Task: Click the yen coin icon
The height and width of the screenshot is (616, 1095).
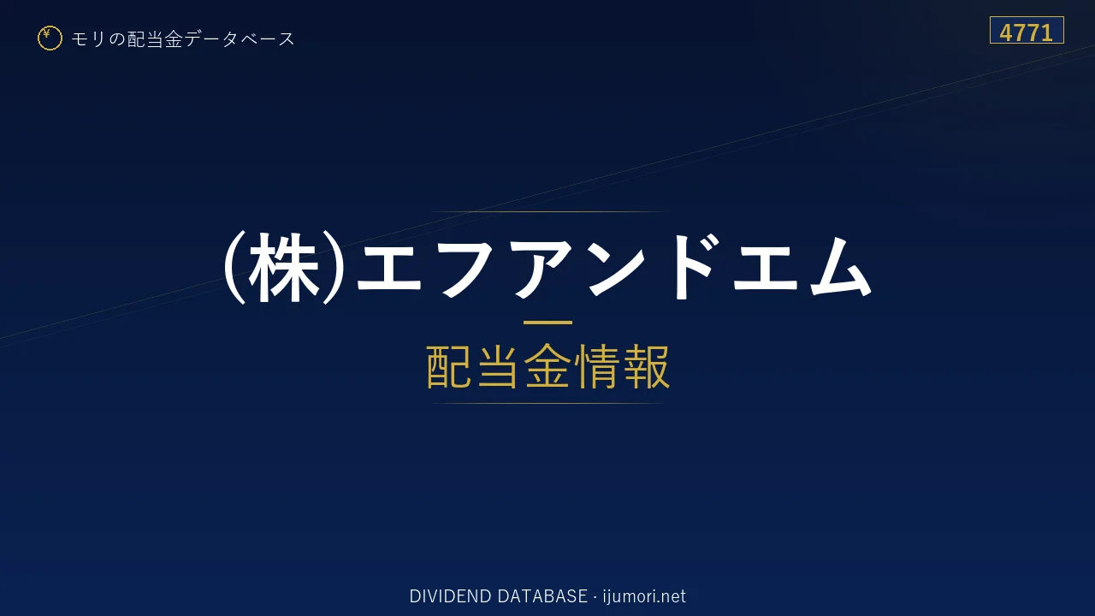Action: tap(50, 38)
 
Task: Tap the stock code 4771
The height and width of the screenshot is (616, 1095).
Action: tap(1026, 33)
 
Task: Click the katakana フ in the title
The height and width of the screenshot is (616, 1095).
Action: tap(466, 268)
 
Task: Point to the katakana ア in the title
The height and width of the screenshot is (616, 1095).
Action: tap(542, 268)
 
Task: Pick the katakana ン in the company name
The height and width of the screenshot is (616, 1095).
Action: tap(617, 268)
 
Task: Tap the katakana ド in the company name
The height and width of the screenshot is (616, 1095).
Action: tap(696, 266)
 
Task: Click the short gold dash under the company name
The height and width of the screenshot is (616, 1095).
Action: tap(547, 323)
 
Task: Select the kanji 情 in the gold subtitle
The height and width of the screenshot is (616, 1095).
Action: tap(596, 366)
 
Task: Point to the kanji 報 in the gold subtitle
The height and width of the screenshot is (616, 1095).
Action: tap(646, 366)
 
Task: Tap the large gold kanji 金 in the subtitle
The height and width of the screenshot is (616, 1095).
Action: tap(547, 366)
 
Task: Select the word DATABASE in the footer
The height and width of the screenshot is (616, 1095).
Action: tap(542, 596)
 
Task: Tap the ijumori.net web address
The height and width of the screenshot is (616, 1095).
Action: tap(644, 596)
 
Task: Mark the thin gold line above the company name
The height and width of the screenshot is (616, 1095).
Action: tap(547, 211)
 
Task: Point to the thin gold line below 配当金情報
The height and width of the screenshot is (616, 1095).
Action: tap(547, 403)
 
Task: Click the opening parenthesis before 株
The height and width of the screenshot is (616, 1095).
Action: tap(234, 268)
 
